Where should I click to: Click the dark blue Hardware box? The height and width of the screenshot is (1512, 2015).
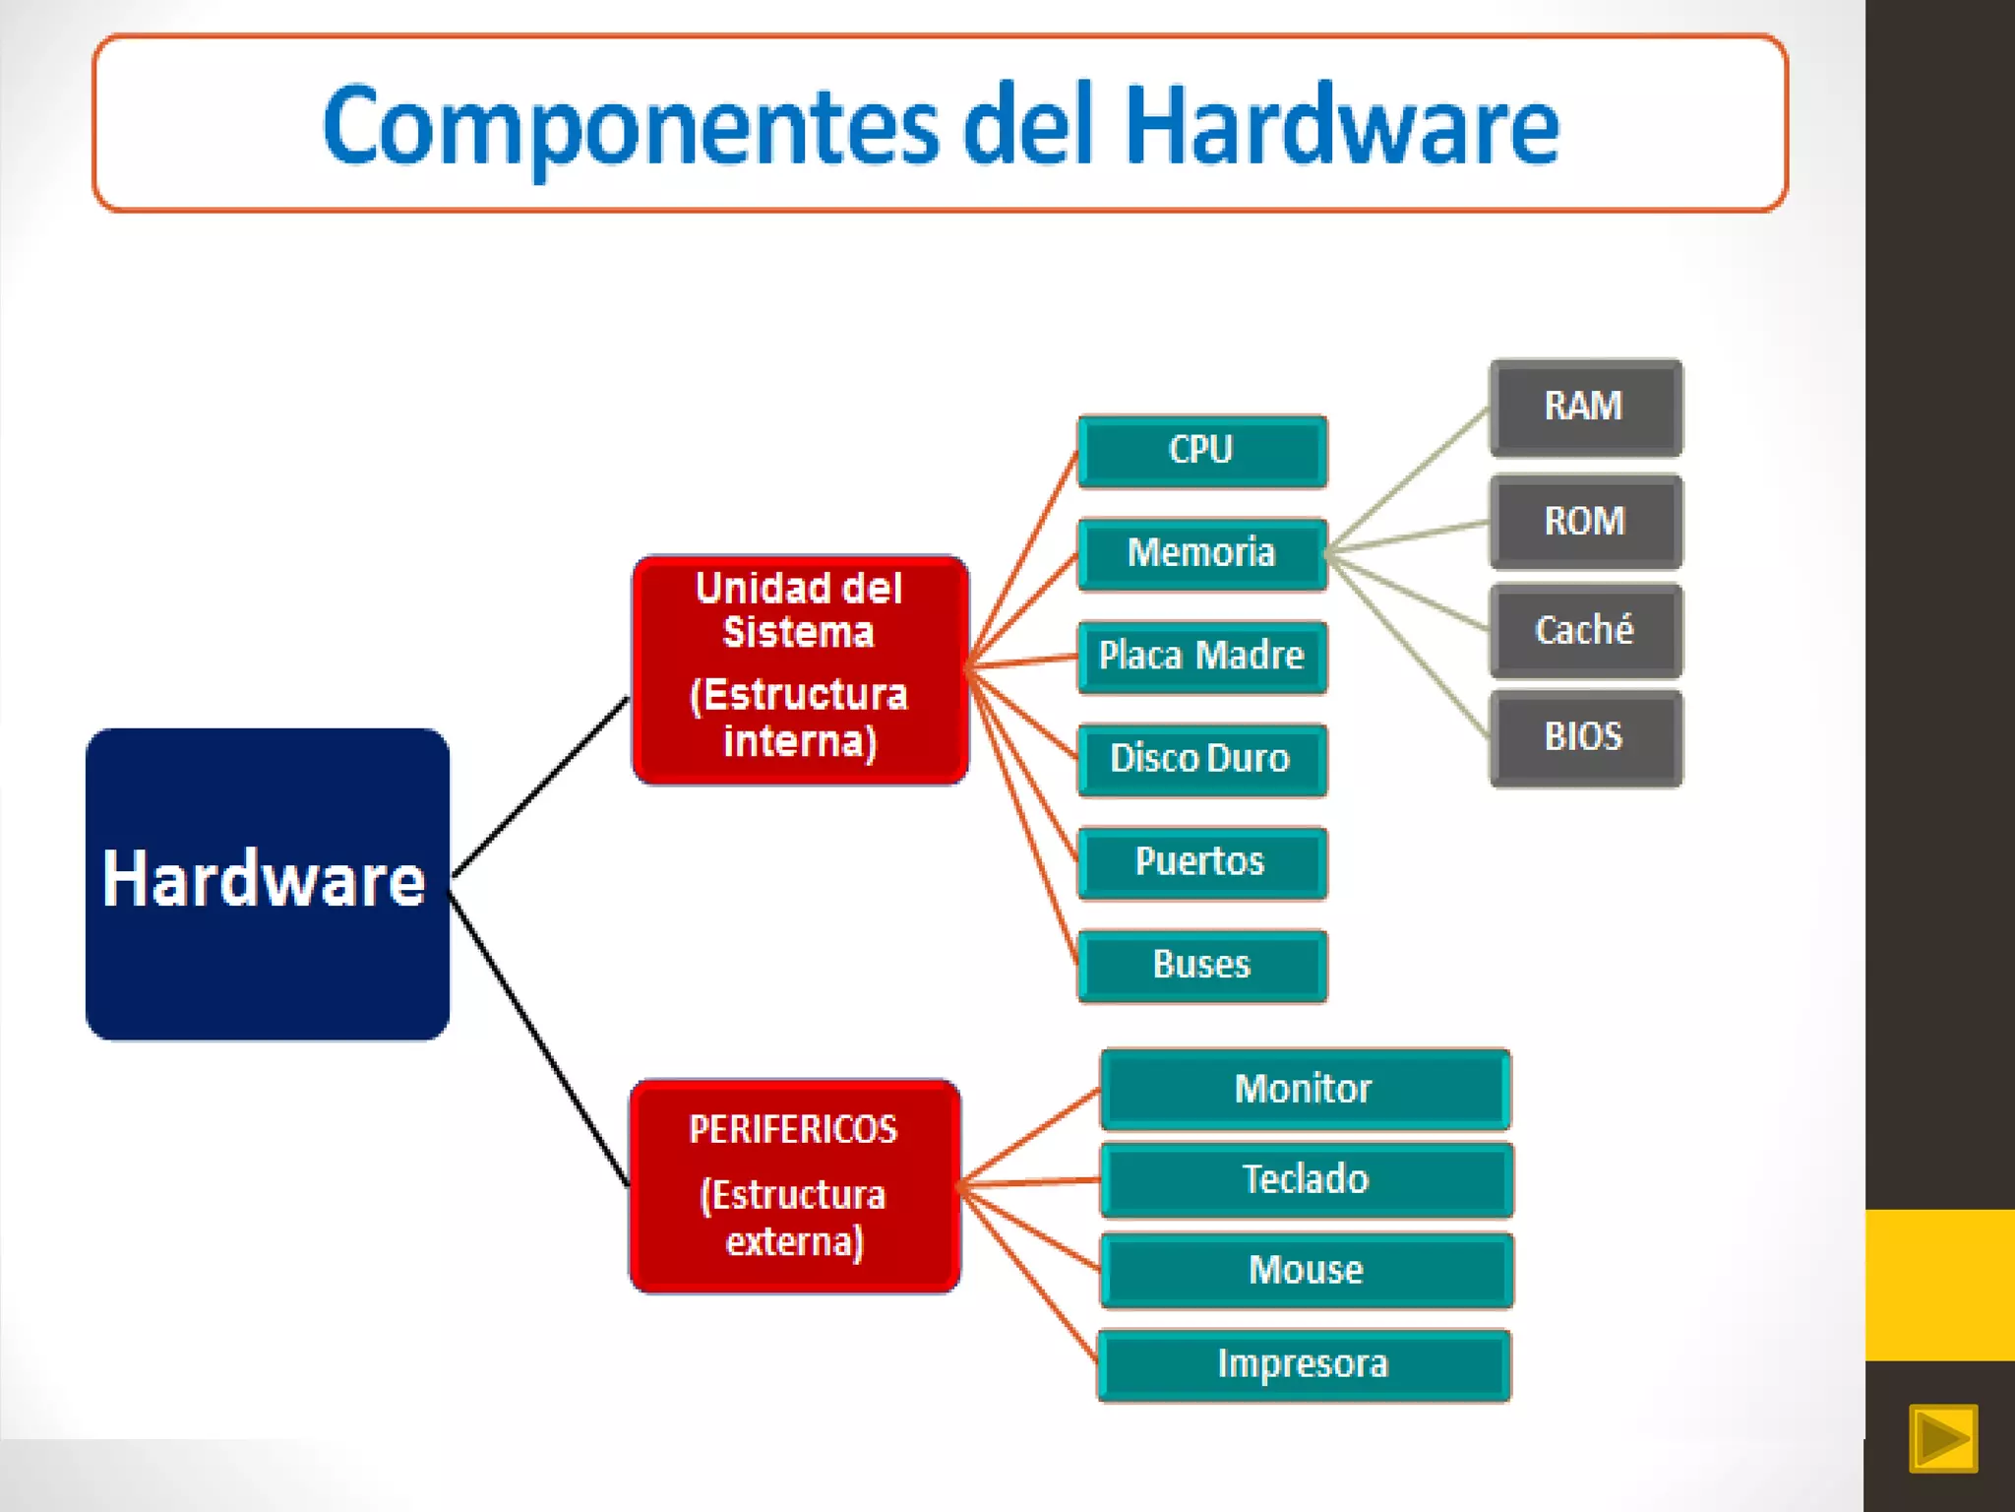268,883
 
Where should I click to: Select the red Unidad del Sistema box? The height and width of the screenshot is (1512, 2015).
800,669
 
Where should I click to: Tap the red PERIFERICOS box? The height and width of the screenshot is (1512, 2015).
795,1186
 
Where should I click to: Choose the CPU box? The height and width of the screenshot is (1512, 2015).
1202,451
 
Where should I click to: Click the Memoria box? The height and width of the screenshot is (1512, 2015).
1202,554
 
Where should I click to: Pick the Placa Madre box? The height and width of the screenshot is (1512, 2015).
1202,657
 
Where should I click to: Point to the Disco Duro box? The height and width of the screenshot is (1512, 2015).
1202,760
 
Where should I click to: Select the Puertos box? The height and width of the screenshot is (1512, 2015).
1202,862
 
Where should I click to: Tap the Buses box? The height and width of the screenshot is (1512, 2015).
1202,966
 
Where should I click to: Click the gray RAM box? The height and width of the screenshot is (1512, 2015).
1585,408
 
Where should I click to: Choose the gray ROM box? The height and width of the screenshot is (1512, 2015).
1585,522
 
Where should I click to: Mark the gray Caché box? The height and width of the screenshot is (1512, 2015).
1585,630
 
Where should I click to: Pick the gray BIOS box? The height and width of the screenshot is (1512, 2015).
1585,738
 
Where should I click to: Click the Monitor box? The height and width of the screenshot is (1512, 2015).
1305,1090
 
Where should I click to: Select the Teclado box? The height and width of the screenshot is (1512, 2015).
1306,1180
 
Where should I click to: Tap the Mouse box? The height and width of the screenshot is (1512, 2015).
1306,1271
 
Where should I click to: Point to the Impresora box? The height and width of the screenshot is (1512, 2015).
1304,1365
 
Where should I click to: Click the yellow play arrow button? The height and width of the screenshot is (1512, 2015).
1942,1438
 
